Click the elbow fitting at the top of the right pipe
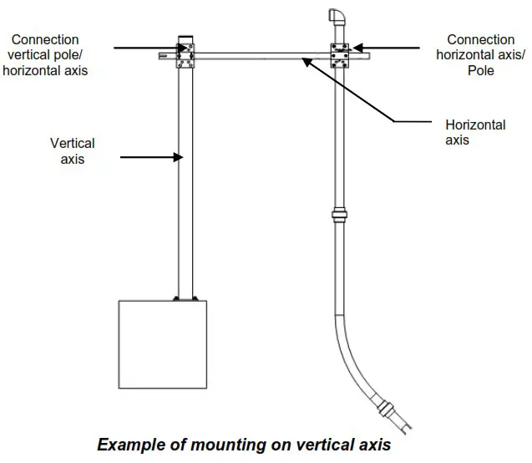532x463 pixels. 337,19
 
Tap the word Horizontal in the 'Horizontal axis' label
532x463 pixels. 475,125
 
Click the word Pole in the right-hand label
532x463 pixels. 480,71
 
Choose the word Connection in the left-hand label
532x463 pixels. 45,39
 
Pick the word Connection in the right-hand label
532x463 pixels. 480,39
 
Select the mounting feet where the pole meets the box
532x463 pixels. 185,298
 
